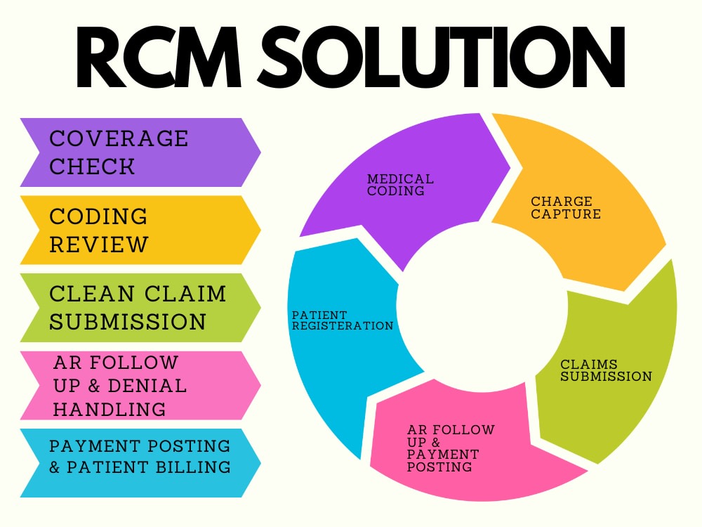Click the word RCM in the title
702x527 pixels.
(159, 57)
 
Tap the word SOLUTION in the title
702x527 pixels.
(442, 57)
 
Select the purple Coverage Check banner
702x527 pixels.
(140, 152)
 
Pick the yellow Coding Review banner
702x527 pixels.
(140, 230)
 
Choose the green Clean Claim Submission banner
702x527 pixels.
(140, 308)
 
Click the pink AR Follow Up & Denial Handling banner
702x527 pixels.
(140, 385)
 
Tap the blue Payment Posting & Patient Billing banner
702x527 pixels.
(140, 463)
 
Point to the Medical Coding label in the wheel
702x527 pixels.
(400, 185)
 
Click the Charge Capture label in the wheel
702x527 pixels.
(566, 207)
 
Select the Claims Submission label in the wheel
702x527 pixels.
(607, 370)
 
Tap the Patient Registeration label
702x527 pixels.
(343, 320)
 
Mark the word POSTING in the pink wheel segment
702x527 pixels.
(439, 467)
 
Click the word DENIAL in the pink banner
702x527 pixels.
(147, 386)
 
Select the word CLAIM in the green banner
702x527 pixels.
(185, 294)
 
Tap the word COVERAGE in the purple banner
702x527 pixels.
(119, 138)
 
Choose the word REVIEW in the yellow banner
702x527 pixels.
(98, 245)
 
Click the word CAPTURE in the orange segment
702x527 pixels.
(566, 214)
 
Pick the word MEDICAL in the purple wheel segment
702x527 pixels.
(400, 178)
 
